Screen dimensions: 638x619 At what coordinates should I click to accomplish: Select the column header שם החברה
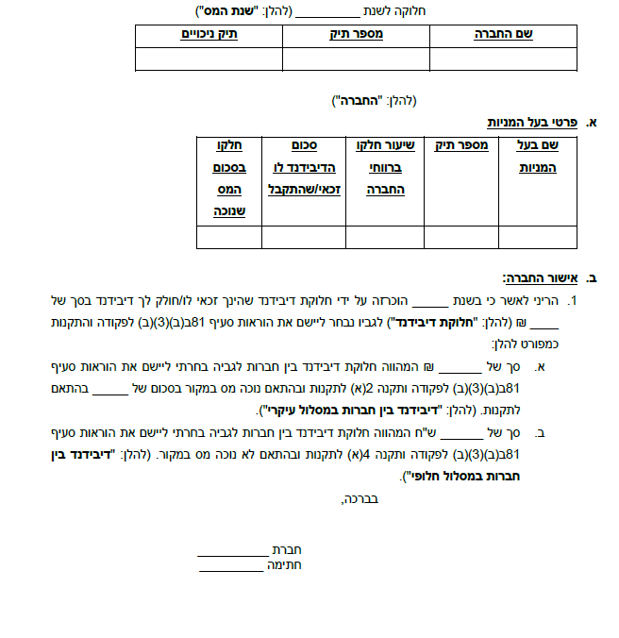click(x=503, y=34)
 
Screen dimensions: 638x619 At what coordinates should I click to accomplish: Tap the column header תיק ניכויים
click(x=209, y=34)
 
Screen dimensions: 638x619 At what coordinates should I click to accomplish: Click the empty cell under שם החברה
click(x=503, y=58)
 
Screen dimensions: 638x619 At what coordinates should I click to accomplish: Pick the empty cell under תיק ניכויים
click(x=209, y=58)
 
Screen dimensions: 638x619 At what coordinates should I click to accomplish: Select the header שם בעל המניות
click(x=538, y=156)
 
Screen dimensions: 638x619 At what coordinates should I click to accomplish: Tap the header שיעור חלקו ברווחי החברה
click(x=385, y=166)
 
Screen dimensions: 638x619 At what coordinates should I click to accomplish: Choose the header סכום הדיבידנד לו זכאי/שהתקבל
click(x=303, y=166)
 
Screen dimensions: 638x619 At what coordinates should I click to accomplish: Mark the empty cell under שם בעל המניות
click(x=537, y=237)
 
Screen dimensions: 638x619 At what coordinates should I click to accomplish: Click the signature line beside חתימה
click(x=231, y=566)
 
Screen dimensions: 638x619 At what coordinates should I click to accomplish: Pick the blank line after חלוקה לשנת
click(x=329, y=12)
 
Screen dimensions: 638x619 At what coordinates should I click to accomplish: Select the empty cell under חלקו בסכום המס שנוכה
click(x=228, y=237)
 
